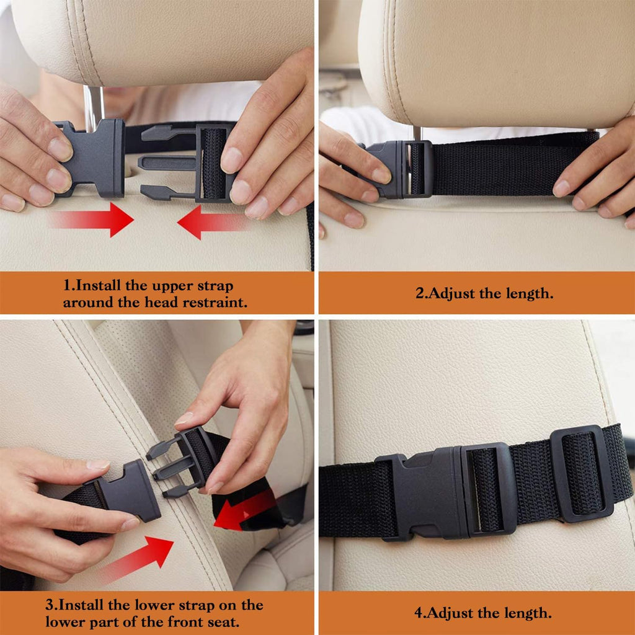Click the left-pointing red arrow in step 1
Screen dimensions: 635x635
[x=211, y=223]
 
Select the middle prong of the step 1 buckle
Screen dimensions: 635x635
[x=167, y=163]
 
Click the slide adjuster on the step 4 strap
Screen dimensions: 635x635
[x=582, y=473]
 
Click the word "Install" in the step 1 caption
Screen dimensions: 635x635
[x=99, y=286]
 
